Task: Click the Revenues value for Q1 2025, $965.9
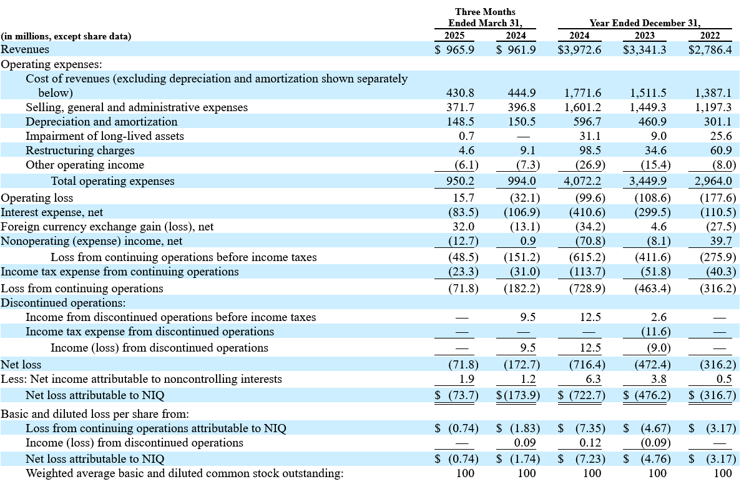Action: (454, 49)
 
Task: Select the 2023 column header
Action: (644, 36)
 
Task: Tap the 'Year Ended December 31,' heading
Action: (645, 23)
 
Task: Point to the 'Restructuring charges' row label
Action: (80, 151)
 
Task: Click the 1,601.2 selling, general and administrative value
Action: (583, 107)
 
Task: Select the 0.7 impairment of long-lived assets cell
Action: (466, 136)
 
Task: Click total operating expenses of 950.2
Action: (460, 181)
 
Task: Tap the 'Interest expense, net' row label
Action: (52, 212)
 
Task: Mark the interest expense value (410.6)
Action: (587, 212)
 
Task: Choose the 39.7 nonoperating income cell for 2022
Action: (721, 241)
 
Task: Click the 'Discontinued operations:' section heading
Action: (63, 303)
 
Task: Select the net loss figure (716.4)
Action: (587, 365)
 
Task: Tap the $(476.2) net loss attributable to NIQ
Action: (647, 395)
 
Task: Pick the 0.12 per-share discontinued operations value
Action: (590, 443)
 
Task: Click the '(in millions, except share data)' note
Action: (66, 36)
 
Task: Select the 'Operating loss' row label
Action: (37, 198)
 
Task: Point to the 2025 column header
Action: (454, 36)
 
